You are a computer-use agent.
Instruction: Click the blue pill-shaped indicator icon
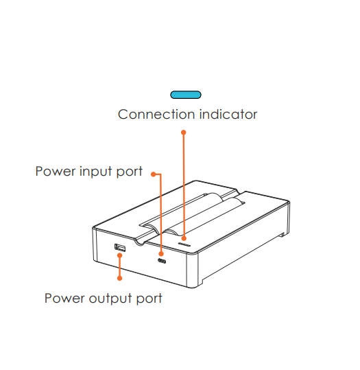pyautogui.click(x=186, y=95)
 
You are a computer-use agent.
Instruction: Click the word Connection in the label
pyautogui.click(x=156, y=115)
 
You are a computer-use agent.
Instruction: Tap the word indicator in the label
pyautogui.click(x=228, y=115)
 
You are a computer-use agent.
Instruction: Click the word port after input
pyautogui.click(x=130, y=172)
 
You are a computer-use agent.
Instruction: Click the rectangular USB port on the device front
pyautogui.click(x=120, y=248)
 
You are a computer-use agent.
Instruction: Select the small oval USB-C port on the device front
pyautogui.click(x=162, y=261)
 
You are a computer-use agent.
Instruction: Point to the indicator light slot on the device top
pyautogui.click(x=184, y=244)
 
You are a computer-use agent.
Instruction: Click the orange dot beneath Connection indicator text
pyautogui.click(x=184, y=132)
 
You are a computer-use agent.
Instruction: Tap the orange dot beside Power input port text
pyautogui.click(x=153, y=174)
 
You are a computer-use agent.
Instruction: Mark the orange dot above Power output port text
pyautogui.click(x=120, y=279)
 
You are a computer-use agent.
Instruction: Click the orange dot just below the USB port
pyautogui.click(x=120, y=256)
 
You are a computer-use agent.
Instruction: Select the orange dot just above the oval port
pyautogui.click(x=161, y=254)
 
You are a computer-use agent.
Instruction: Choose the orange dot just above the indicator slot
pyautogui.click(x=184, y=238)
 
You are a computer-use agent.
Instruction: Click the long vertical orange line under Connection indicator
pyautogui.click(x=184, y=185)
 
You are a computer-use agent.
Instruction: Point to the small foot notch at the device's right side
pyautogui.click(x=282, y=235)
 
